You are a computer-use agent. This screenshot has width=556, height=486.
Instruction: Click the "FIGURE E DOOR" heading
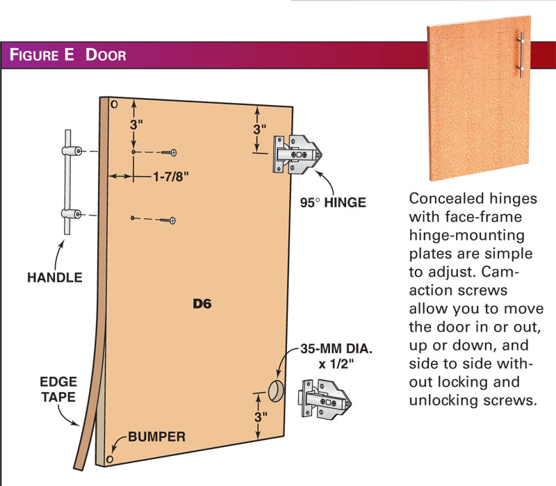tap(67, 55)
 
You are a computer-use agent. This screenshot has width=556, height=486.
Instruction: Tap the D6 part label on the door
tap(203, 303)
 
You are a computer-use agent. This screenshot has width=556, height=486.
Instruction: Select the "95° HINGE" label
tap(333, 203)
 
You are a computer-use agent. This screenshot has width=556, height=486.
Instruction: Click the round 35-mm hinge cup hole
tap(275, 391)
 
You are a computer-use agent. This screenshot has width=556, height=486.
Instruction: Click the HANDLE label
tap(55, 277)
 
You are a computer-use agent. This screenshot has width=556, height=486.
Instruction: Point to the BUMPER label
tap(156, 437)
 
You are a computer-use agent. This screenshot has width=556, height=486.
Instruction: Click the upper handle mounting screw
tap(169, 152)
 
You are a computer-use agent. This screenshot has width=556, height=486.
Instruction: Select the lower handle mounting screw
tap(169, 220)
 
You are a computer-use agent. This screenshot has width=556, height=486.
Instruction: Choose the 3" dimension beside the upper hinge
tap(260, 129)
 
